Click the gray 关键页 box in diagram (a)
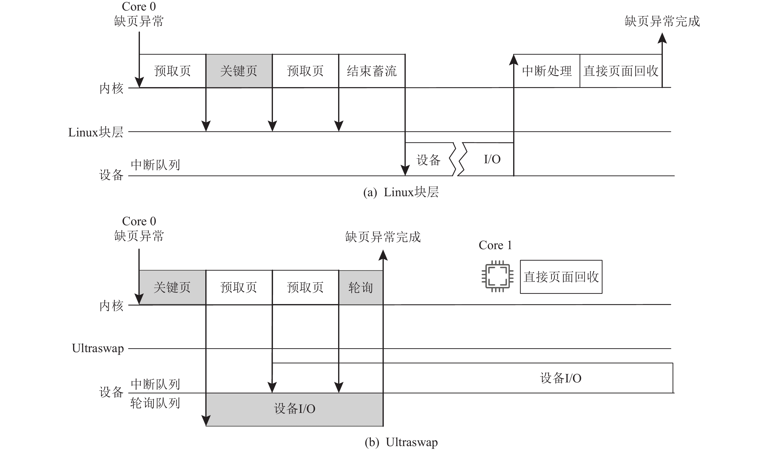click(x=239, y=71)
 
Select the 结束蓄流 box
click(x=372, y=71)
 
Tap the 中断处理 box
click(x=547, y=71)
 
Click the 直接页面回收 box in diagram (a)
click(x=621, y=71)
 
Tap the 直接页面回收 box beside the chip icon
click(x=561, y=277)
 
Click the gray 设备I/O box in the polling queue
click(x=294, y=409)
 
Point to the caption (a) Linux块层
click(x=401, y=192)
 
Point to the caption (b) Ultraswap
click(x=401, y=442)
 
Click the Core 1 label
click(x=495, y=245)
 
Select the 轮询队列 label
click(x=155, y=403)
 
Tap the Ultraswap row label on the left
click(x=98, y=348)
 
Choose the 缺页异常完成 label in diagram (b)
click(x=383, y=237)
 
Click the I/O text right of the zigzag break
click(x=492, y=159)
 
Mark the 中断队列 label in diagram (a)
click(x=155, y=165)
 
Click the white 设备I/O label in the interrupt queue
click(x=561, y=378)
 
